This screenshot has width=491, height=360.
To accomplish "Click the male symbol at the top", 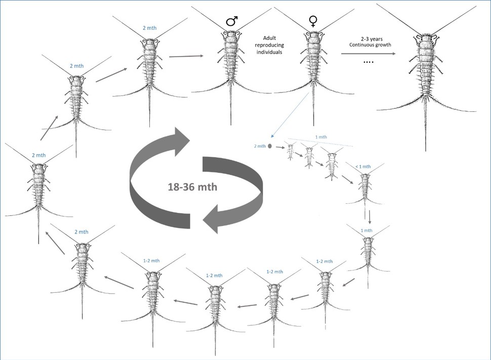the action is pyautogui.click(x=232, y=21).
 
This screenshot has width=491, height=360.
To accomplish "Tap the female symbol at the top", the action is pyautogui.click(x=313, y=21).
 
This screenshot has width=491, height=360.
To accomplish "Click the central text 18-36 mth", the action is pyautogui.click(x=192, y=187).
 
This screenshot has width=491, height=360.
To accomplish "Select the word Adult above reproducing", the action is pyautogui.click(x=269, y=38).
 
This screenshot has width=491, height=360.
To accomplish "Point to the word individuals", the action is pyautogui.click(x=269, y=52).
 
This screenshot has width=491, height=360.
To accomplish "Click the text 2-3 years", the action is pyautogui.click(x=372, y=39).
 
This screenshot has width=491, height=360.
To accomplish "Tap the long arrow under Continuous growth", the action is pyautogui.click(x=369, y=54).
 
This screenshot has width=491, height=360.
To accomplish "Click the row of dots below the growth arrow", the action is pyautogui.click(x=369, y=62).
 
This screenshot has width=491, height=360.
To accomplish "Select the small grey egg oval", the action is pyautogui.click(x=270, y=146).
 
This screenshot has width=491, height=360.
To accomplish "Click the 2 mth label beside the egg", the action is pyautogui.click(x=260, y=146).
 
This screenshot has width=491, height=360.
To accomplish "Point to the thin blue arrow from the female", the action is pyautogui.click(x=290, y=115).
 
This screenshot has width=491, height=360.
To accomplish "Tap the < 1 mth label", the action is pyautogui.click(x=363, y=167).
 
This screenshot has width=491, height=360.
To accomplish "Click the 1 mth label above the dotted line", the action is pyautogui.click(x=321, y=137).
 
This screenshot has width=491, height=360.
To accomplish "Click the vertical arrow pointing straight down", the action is pyautogui.click(x=370, y=217).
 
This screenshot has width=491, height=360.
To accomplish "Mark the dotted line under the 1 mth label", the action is pyautogui.click(x=320, y=142).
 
